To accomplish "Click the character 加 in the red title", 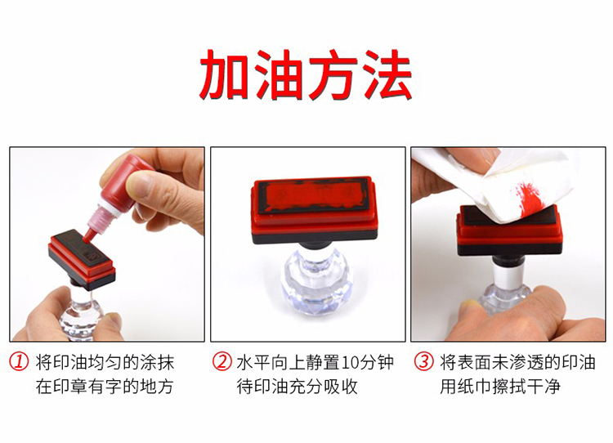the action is coord(225,74).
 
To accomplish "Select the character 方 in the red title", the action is coord(333,74).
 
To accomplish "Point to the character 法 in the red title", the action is coord(387,74).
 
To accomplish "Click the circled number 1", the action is coord(19,361).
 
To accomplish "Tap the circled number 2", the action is coord(221,361).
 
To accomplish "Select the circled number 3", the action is coord(423,361).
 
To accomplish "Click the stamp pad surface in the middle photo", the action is coord(312,196).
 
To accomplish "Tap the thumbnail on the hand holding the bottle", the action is coord(141,185).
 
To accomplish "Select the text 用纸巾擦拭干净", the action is coord(500,387).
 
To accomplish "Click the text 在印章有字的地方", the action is coord(105,387).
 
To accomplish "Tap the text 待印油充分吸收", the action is coord(298,387).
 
